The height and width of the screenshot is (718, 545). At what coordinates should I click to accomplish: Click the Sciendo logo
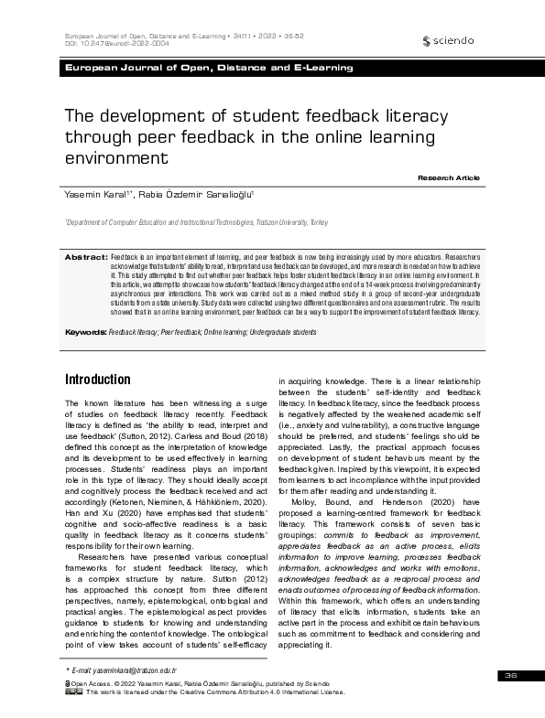tap(450, 41)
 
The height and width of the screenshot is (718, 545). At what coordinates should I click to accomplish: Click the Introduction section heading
tap(98, 380)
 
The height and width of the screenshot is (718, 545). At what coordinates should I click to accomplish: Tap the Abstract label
tap(84, 259)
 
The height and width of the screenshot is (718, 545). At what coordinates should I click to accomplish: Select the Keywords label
tap(85, 333)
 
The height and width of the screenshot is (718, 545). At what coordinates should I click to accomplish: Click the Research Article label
tap(449, 177)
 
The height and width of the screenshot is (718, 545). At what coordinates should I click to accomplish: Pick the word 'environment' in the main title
tap(117, 157)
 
